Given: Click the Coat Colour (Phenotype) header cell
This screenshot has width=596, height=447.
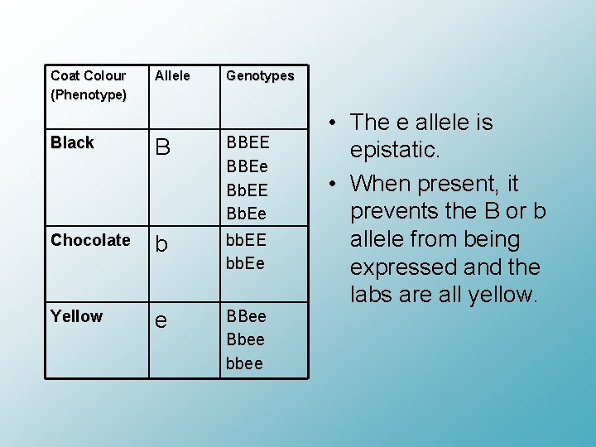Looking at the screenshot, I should [89, 85].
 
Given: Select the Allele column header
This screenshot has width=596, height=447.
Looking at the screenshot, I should [171, 76].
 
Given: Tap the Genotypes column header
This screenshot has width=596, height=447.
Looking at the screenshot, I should [260, 76].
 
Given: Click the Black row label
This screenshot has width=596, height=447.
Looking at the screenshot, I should [72, 143].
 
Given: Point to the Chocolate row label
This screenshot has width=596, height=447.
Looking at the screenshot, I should [90, 241].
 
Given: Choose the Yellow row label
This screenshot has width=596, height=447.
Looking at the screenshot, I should [76, 317].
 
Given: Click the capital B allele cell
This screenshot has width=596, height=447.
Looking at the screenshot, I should [162, 148].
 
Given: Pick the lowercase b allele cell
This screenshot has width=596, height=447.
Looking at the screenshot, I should [161, 245].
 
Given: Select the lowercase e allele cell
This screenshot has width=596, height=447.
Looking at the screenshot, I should [161, 321].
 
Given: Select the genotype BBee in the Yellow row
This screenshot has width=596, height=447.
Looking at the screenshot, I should [246, 317].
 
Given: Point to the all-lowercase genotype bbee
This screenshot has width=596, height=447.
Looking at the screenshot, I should [244, 363].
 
